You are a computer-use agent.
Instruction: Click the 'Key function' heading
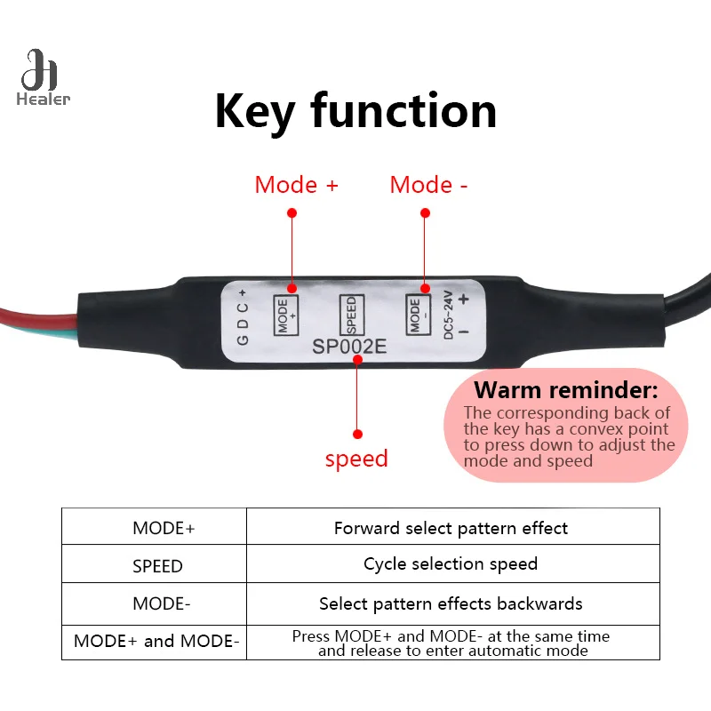355,111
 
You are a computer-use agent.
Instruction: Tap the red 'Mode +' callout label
296,185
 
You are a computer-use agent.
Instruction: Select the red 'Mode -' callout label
428,185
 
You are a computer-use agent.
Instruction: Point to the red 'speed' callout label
356,459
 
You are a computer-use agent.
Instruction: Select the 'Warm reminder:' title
565,390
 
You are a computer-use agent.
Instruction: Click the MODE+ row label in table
163,528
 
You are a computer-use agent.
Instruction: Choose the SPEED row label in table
157,566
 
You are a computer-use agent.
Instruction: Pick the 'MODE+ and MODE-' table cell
156,641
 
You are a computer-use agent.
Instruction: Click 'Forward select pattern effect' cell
451,528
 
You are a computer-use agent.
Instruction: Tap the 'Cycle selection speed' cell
451,563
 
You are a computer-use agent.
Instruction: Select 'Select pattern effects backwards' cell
451,604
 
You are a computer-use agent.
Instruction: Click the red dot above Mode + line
292,212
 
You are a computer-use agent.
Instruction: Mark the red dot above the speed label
357,434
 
